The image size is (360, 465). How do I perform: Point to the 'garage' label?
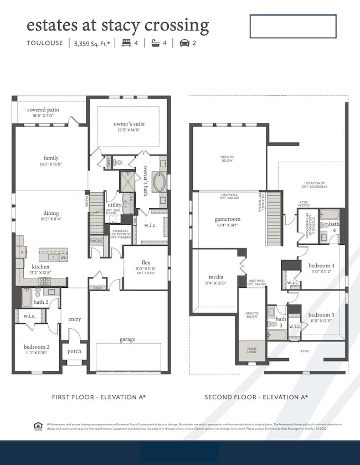tap(127, 339)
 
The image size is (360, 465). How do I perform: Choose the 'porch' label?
tap(74, 351)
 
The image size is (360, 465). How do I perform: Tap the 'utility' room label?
tap(114, 205)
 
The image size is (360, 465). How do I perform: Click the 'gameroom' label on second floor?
tap(227, 219)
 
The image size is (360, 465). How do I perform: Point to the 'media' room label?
tap(216, 277)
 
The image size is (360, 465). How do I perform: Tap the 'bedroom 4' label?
tap(321, 266)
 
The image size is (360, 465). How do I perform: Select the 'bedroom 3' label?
tap(321, 314)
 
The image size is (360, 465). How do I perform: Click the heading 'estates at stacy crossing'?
tap(117, 25)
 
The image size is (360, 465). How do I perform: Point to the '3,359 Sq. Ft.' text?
tap(91, 43)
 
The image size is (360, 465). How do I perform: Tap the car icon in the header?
tap(184, 43)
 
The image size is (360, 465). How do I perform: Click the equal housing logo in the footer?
tap(38, 426)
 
